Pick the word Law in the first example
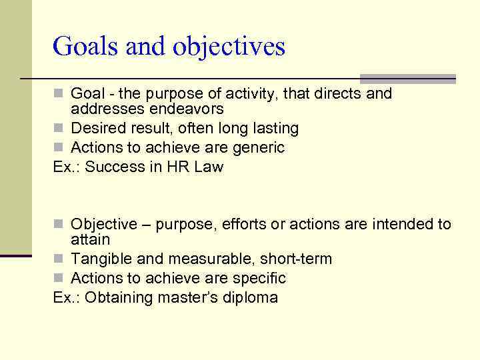pos(209,167)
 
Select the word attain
pos(91,239)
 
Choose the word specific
pos(257,278)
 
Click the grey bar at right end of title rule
pos(407,79)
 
